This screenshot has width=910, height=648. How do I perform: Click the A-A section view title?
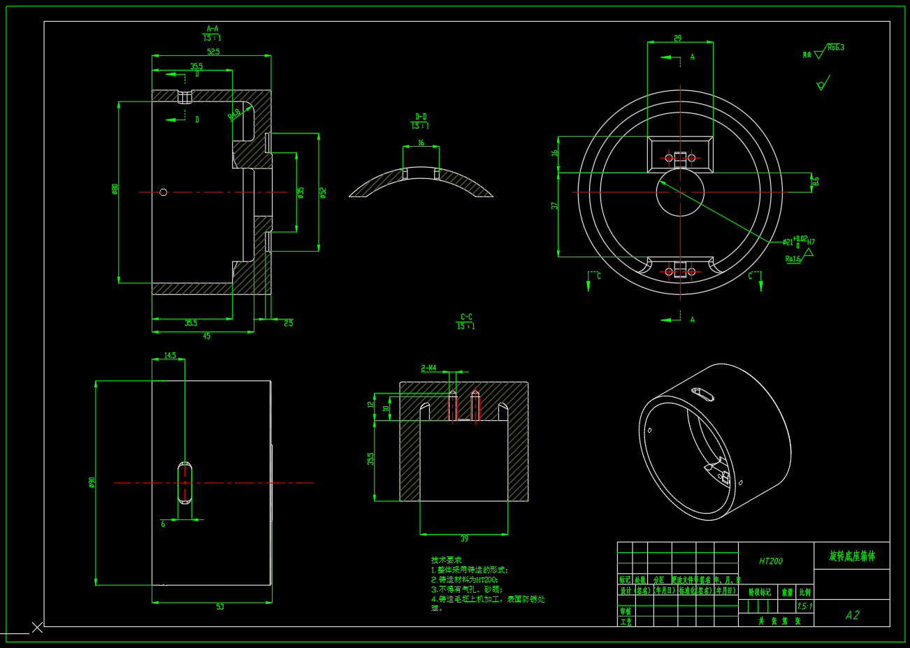212,29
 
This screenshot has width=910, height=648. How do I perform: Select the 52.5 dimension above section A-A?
213,51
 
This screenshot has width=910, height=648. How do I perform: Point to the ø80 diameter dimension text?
115,189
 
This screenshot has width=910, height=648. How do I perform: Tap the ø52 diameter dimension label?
323,192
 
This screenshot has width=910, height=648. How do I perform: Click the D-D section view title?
421,117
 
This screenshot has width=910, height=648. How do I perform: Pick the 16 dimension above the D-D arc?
421,143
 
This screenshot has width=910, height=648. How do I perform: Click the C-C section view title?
466,317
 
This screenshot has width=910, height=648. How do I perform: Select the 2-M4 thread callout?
428,368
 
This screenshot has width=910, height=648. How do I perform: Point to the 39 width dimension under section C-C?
464,539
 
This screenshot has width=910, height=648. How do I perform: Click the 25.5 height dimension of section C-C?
371,459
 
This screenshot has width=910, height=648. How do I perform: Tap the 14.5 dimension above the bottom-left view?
170,356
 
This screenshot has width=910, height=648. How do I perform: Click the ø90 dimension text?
92,482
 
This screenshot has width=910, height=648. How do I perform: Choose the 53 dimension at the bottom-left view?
220,607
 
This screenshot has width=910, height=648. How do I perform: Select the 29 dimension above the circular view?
677,38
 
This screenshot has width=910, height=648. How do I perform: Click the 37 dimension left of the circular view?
554,206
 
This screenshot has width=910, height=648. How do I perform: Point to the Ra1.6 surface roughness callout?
793,259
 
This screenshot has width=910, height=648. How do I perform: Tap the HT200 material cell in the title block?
771,561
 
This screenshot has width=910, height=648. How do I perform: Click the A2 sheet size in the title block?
852,615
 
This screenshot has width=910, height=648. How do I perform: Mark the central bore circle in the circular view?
680,192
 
